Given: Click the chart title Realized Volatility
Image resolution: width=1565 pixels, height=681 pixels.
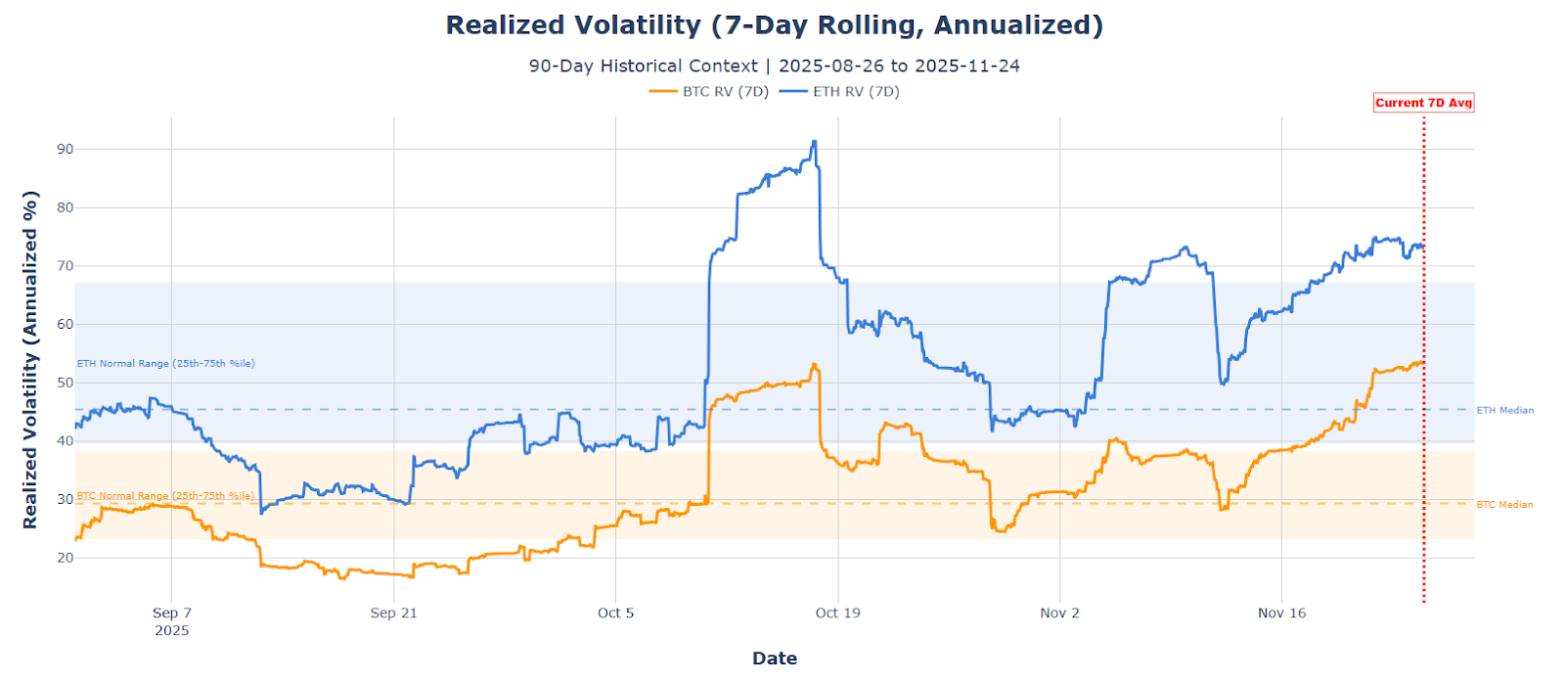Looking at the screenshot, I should [x=774, y=25].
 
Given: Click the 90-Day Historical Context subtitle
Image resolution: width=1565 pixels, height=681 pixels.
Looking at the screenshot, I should [x=774, y=66].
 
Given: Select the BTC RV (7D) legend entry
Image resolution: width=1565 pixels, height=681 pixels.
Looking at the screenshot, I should [x=710, y=92].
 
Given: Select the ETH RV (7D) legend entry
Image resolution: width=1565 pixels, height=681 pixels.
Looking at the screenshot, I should [x=841, y=92].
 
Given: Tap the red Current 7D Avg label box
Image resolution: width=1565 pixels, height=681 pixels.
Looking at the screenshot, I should [x=1423, y=103].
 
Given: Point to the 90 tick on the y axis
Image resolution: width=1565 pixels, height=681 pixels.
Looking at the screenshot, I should [x=65, y=149].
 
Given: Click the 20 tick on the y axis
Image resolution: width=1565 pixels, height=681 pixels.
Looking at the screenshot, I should [x=65, y=558].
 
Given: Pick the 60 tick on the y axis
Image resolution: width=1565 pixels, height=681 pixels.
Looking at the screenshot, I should [x=65, y=324].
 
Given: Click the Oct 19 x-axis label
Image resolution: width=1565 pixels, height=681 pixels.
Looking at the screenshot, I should [x=837, y=613].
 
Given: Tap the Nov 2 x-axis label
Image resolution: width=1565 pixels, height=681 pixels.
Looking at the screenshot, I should [x=1059, y=613].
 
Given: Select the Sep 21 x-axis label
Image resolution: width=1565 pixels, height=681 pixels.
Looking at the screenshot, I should [x=393, y=613].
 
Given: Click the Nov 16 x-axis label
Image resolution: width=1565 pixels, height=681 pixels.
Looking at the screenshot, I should [x=1281, y=613].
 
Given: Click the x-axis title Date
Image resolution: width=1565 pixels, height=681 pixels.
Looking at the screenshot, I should [x=774, y=658].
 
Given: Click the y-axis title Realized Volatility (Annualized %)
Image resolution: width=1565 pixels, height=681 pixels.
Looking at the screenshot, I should [x=30, y=359].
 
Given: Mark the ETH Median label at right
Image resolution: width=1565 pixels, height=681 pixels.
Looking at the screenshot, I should [x=1504, y=411].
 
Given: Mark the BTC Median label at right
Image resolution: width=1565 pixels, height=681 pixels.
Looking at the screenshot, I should [x=1504, y=505].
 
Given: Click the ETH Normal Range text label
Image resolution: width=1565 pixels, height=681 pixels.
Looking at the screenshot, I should [x=165, y=364].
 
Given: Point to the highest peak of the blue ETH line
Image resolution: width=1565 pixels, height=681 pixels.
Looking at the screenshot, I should [x=814, y=142].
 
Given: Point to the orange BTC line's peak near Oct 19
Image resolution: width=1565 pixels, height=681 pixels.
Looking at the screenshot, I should [x=813, y=365].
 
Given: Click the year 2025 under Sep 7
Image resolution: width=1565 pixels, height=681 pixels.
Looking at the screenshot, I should [x=172, y=631].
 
